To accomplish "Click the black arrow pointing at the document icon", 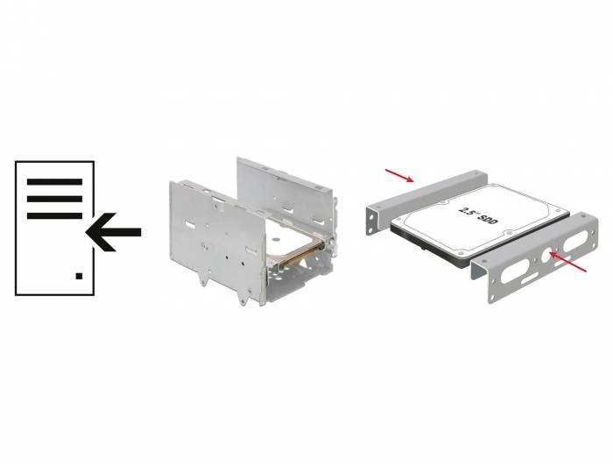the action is tap(113, 232).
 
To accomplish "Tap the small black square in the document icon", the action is tap(79, 276).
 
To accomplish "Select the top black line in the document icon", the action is tap(54, 182).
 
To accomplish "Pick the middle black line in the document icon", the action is tap(54, 199).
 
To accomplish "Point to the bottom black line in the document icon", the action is tap(54, 215).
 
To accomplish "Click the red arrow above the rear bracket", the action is tap(399, 175).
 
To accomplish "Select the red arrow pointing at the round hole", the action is tap(568, 262).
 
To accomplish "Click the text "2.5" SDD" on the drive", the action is tap(478, 215).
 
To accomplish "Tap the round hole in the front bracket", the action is tap(547, 255).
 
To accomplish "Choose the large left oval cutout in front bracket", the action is tap(515, 271).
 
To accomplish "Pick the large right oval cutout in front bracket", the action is tap(575, 241).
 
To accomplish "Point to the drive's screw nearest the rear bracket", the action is tap(441, 203).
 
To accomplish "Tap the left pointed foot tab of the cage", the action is tap(203, 278).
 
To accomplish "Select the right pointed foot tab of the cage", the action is tap(243, 298).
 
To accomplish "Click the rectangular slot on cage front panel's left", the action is tap(189, 225).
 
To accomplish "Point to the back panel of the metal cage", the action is tap(285, 195).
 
